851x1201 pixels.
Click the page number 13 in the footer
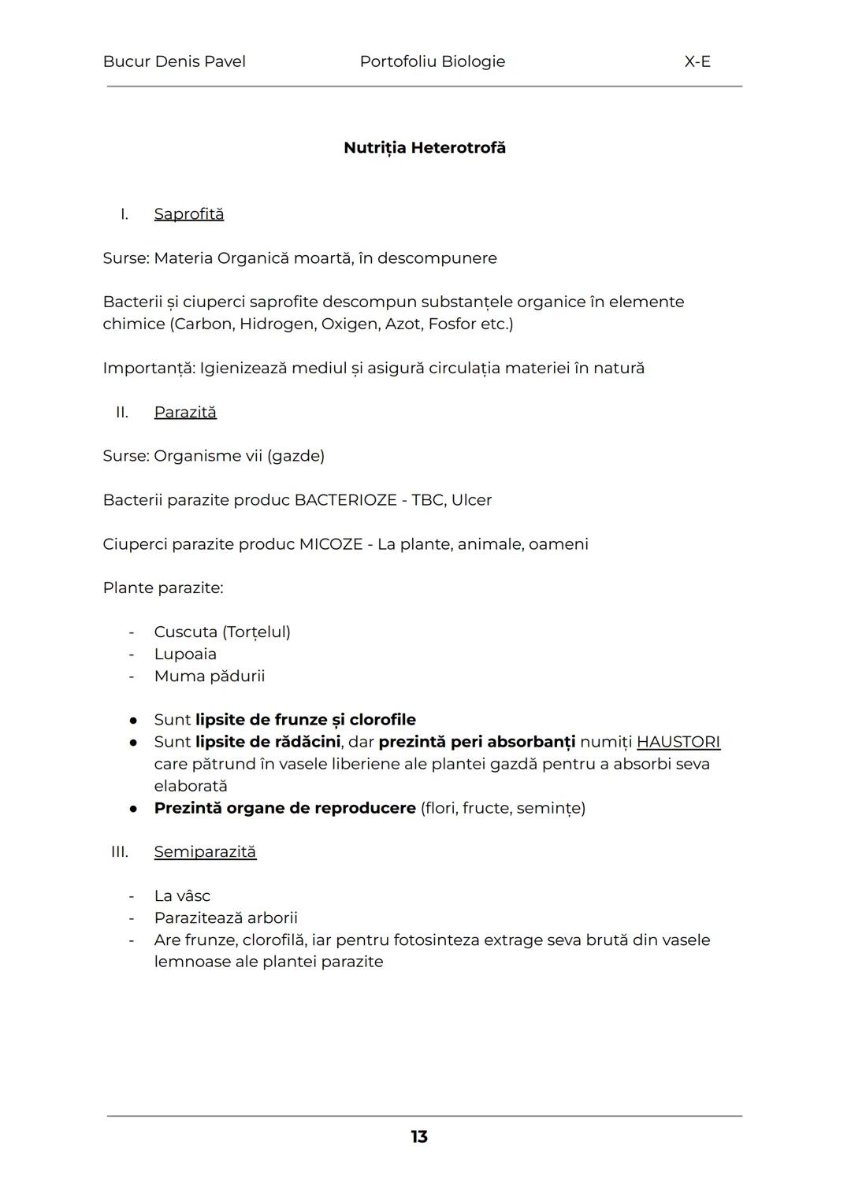(418, 1136)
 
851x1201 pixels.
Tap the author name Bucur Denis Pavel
(174, 61)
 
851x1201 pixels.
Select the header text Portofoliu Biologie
(432, 61)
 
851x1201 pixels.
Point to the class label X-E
(697, 61)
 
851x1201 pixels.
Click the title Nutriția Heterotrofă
(425, 148)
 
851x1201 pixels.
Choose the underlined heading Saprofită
(188, 214)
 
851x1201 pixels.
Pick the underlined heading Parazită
(185, 413)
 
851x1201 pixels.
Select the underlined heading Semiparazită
(205, 852)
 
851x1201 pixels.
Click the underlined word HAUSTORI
(678, 742)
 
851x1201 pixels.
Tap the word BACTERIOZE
(345, 500)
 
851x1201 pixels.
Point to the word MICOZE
(330, 544)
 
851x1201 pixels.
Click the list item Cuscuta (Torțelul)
(222, 632)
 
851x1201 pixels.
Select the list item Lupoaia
(185, 654)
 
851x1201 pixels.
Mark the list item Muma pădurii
(210, 676)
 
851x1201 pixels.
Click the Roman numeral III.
(120, 852)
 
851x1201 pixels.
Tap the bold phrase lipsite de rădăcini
(268, 742)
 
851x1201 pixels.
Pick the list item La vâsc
(182, 896)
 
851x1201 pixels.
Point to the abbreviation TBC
(427, 500)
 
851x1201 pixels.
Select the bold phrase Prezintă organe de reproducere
(284, 808)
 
